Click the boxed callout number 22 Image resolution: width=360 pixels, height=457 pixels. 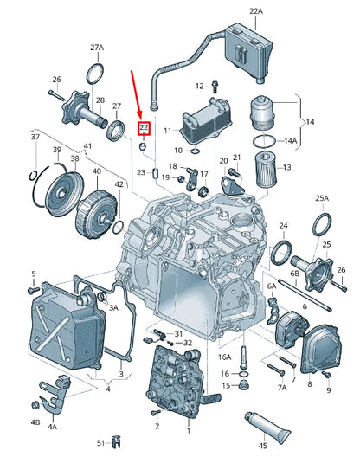pos(144,127)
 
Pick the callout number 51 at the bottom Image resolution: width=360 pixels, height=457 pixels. pos(100,443)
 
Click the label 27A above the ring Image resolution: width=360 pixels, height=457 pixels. pos(97,48)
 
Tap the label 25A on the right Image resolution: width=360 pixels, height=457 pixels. pos(322,198)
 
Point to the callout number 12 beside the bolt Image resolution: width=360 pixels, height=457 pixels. pos(199,86)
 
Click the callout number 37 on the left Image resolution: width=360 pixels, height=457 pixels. pos(35,137)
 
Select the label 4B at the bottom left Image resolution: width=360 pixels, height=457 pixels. pos(34,423)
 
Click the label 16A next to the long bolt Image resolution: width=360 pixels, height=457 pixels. pos(224,356)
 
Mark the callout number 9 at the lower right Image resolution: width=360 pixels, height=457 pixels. pos(328,391)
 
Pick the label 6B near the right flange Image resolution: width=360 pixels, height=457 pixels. pos(294,274)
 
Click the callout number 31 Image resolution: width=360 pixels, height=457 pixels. pos(177,333)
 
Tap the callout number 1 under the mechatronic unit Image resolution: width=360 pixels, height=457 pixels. pos(188,428)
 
